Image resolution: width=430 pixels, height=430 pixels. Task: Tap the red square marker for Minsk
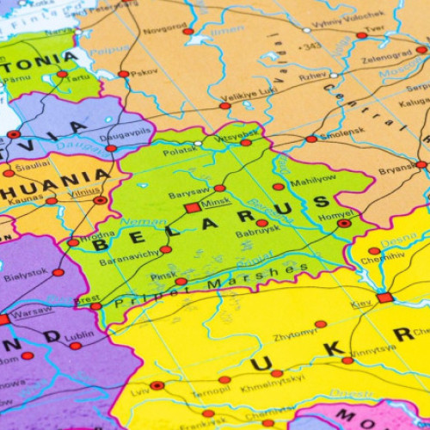click(193, 207)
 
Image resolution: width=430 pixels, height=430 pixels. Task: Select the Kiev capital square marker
click(384, 298)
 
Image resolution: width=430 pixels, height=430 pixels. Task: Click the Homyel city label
click(336, 212)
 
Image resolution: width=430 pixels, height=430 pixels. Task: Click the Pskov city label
click(144, 72)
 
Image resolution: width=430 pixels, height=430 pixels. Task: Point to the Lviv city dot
click(157, 386)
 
